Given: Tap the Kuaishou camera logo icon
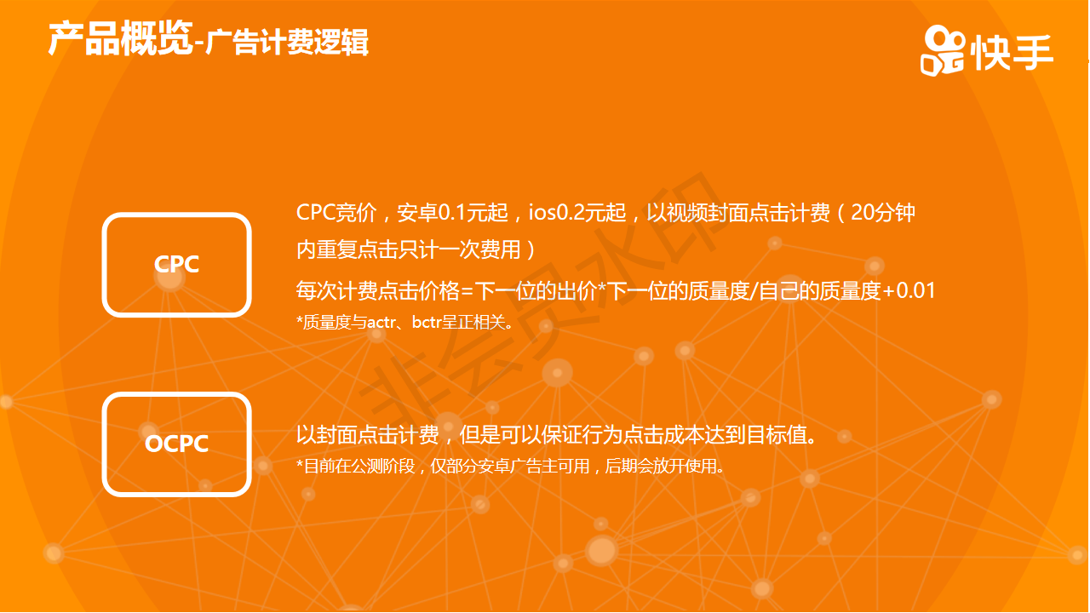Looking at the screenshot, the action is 942,50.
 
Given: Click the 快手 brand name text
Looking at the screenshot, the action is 1012,53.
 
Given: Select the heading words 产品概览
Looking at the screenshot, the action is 120,39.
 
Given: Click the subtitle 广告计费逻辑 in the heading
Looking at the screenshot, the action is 287,42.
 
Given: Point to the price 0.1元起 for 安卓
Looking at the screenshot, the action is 473,213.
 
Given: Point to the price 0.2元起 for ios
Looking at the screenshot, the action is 591,213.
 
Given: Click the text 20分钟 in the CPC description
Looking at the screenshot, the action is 883,213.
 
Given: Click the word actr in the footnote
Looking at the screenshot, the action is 381,322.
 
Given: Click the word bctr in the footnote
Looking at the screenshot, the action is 427,322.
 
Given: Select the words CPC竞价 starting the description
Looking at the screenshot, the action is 336,213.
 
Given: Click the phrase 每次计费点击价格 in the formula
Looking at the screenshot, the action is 377,291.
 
